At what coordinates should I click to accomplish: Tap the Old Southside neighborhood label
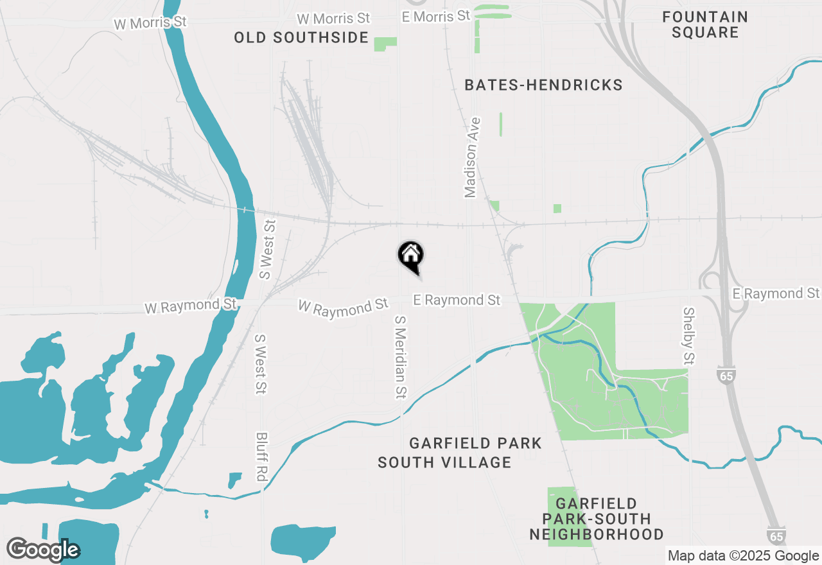coord(301,37)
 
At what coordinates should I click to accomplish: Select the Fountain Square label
coord(705,24)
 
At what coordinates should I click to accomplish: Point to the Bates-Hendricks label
coord(543,85)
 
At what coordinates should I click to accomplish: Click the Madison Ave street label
coord(473,157)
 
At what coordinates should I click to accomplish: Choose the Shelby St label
coord(689,335)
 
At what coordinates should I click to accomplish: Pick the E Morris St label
coord(436,16)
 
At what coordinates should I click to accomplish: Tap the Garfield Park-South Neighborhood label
coord(597,519)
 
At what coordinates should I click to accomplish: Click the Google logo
coord(43,550)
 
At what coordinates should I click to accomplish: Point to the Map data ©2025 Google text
coord(743,556)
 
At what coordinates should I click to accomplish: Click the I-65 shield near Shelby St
coord(727,376)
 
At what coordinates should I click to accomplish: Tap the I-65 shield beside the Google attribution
coord(776,535)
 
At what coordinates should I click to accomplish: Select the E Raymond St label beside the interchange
coord(776,293)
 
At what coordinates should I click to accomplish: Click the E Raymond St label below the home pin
coord(457,300)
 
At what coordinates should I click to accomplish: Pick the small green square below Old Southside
coord(385,44)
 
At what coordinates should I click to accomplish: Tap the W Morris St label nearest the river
coord(150,23)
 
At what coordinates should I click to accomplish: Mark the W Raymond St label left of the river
coord(190,306)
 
